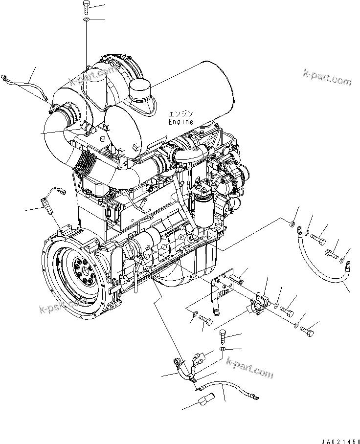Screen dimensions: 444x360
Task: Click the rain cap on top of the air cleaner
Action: (x=141, y=91)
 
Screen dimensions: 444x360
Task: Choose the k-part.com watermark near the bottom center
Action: (x=249, y=367)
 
